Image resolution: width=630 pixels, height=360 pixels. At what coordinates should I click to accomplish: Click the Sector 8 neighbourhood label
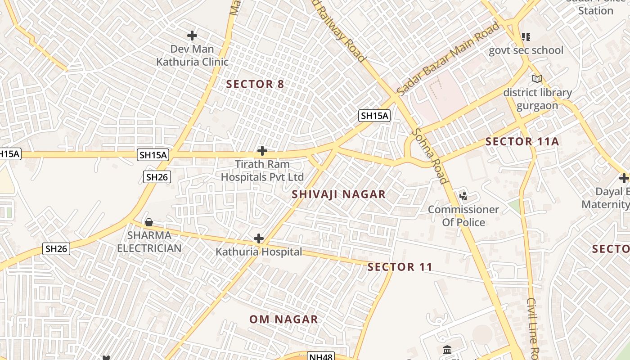pos(255,84)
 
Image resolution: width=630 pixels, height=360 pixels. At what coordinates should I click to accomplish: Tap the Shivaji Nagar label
pos(338,194)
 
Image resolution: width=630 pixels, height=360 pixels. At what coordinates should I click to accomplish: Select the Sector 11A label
pos(522,142)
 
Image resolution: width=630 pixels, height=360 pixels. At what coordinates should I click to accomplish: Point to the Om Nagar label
pos(284,319)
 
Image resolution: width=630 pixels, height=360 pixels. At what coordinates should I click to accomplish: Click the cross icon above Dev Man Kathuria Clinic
pos(192,35)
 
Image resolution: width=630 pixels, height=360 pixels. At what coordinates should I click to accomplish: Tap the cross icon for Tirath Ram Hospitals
pos(262,151)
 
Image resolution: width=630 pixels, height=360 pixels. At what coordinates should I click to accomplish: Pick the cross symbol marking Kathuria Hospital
pos(259,238)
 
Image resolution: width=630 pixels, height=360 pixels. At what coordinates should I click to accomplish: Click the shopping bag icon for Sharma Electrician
pos(149,222)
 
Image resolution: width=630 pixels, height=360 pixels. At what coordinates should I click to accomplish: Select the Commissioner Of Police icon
pos(463,196)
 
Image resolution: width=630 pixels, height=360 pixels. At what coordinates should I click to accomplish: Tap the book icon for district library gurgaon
pos(537,79)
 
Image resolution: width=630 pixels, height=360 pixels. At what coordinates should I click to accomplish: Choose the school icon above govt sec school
pos(526,36)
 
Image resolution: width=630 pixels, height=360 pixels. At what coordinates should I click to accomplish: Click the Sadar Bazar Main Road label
pos(449,58)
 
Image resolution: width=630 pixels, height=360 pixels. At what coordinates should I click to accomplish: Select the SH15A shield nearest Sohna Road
pos(374,116)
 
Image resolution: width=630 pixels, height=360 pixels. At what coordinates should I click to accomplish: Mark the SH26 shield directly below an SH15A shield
pos(157,177)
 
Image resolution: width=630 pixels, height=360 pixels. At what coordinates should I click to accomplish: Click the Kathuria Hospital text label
pos(259,252)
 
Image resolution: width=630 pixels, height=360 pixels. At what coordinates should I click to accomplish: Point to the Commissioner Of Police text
pos(463,216)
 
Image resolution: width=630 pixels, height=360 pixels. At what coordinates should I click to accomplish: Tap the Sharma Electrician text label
pos(148,242)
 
